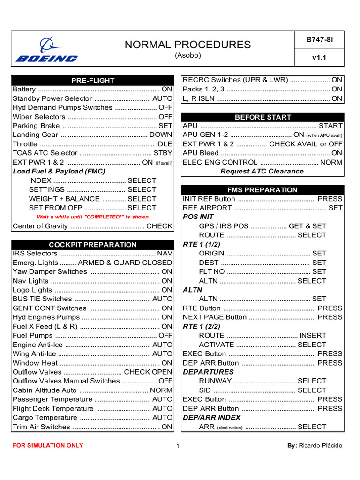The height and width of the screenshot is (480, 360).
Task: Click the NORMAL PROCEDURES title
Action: coord(187,45)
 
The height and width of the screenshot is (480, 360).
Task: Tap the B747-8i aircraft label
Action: coord(319,40)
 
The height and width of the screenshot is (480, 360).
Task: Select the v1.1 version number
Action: coord(319,58)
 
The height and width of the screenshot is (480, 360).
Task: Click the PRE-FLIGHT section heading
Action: coord(93,81)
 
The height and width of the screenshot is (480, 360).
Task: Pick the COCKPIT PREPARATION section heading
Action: coord(93,245)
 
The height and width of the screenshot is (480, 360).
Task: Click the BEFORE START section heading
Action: coord(262,117)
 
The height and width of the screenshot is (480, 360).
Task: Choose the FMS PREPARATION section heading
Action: coord(262,190)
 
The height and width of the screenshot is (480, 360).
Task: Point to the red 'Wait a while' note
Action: coord(93,217)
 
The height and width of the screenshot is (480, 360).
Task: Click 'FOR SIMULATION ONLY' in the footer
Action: coord(48,445)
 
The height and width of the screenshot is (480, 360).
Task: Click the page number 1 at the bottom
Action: coord(178,446)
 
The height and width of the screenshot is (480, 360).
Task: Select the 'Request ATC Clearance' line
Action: coord(262,171)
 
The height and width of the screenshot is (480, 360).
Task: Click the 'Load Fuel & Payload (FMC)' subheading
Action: coord(59,171)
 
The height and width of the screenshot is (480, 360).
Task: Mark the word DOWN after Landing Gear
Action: coord(161,135)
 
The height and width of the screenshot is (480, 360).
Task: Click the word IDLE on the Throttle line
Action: coord(164,144)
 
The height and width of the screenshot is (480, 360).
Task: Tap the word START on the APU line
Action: coord(330,126)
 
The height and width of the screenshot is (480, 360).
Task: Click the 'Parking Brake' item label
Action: coord(36,126)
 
